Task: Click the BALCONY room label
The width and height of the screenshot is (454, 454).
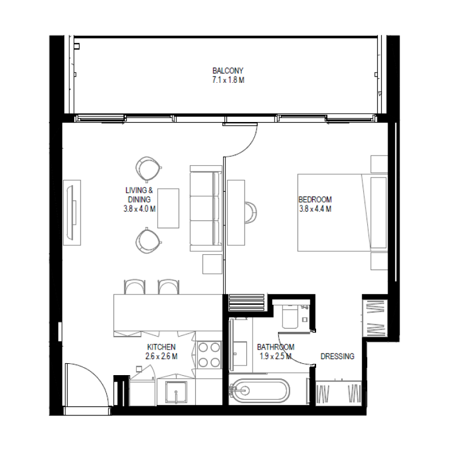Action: (x=228, y=71)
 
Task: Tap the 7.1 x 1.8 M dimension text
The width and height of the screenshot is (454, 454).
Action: (x=228, y=80)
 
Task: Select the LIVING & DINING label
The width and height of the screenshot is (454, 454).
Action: (x=138, y=195)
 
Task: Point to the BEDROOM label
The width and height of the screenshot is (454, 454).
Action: (x=315, y=200)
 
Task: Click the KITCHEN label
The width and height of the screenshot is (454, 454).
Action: (x=161, y=347)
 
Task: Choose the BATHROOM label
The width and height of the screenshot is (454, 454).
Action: (x=275, y=347)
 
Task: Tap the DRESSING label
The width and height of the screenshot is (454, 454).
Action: (x=337, y=356)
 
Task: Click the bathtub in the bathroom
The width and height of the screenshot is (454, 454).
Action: (x=259, y=391)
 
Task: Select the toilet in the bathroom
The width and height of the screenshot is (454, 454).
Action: (x=289, y=316)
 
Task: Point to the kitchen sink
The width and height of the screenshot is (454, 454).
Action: (x=176, y=391)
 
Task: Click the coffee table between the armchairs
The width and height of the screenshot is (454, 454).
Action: (x=168, y=208)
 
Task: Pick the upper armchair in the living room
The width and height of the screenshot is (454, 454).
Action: (x=149, y=168)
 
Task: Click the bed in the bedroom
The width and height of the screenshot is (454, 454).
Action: (x=340, y=213)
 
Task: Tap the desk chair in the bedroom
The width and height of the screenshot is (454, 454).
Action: (x=251, y=212)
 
